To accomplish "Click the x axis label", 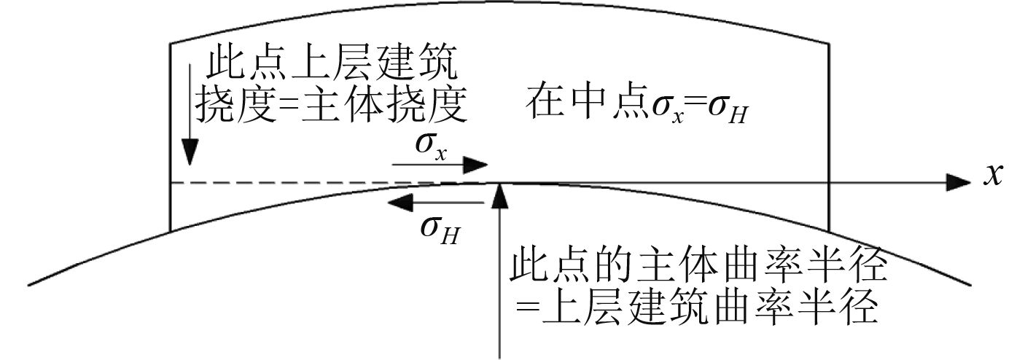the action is click(x=992, y=176).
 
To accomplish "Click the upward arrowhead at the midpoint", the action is click(x=499, y=195).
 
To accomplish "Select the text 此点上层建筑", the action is click(x=332, y=68).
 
